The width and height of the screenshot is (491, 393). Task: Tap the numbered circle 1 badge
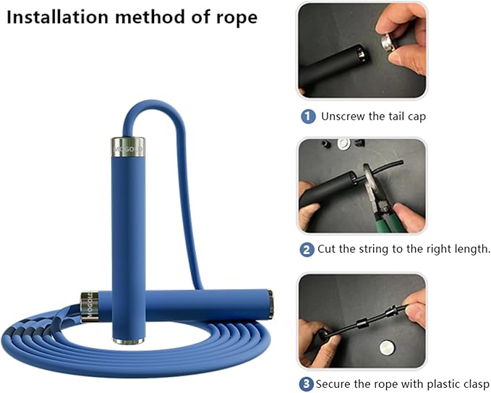coord(308,116)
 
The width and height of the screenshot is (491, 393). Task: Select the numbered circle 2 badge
coord(307,250)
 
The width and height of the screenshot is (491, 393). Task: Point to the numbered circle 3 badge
coord(307,384)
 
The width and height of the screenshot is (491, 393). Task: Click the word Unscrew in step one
coord(345,116)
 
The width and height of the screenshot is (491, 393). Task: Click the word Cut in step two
coord(328,250)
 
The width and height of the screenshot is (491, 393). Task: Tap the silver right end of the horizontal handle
coord(269,305)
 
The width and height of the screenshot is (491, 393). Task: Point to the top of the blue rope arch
coord(152,105)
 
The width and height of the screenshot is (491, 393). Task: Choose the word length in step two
coord(469,250)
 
